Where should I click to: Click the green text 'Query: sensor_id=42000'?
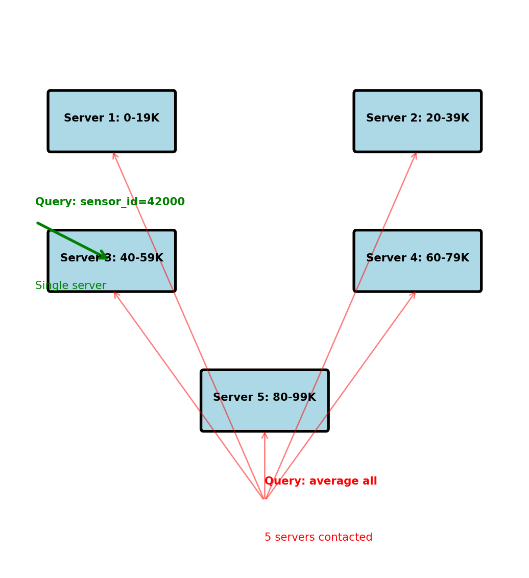click(x=110, y=202)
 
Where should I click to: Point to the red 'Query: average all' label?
click(x=321, y=481)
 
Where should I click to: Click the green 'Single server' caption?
click(x=70, y=286)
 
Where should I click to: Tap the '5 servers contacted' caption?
click(x=318, y=538)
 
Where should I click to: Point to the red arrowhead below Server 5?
click(x=264, y=434)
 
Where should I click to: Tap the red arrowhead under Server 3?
click(x=115, y=294)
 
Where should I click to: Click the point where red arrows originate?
click(x=264, y=499)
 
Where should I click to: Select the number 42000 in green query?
click(x=165, y=202)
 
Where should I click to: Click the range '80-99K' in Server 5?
click(x=296, y=398)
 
